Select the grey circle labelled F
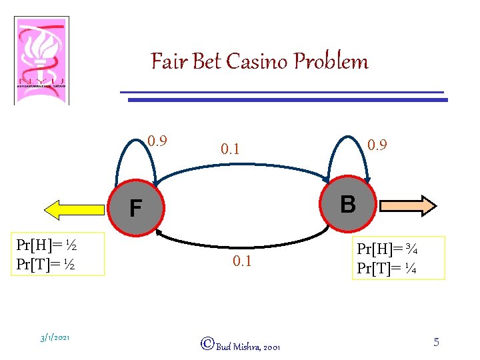point(136,209)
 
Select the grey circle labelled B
point(347,204)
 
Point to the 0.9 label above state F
point(157,141)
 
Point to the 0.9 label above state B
point(378,144)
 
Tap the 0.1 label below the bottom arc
point(242,261)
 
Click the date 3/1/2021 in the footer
point(55,338)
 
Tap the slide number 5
point(436,342)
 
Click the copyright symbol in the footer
point(207,344)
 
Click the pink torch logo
point(41,61)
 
